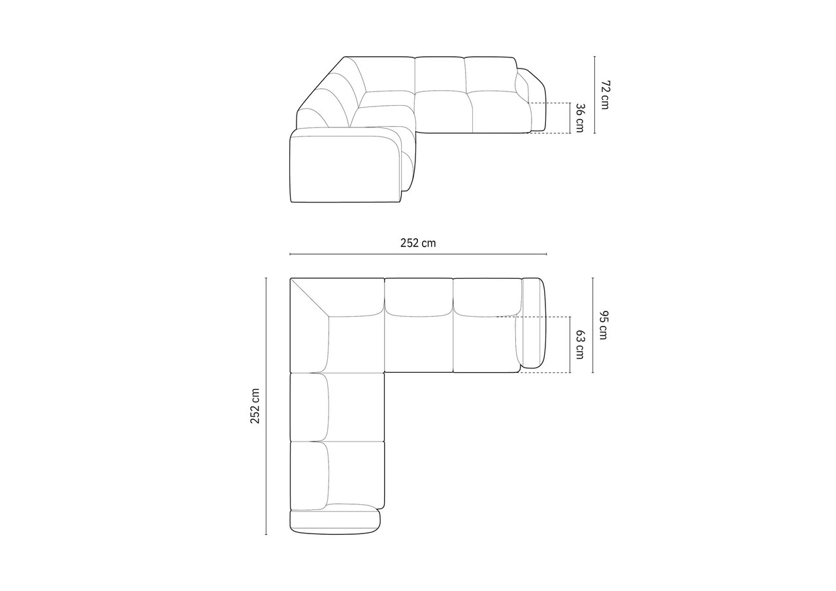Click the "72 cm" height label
click(x=605, y=95)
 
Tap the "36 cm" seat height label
click(x=579, y=118)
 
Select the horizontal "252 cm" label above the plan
click(x=418, y=243)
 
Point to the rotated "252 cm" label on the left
click(x=255, y=406)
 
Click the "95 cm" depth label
click(x=603, y=325)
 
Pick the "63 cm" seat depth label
click(x=579, y=344)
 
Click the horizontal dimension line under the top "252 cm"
click(x=419, y=254)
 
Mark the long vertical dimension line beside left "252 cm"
click(x=266, y=406)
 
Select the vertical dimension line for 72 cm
click(x=594, y=95)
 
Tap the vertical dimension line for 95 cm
click(x=592, y=325)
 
